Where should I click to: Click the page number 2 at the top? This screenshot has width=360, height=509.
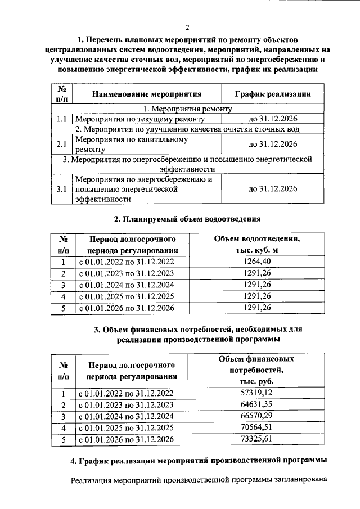coord(188,27)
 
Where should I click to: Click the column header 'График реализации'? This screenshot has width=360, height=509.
coord(272,94)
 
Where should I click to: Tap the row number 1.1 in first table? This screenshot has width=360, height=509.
coord(62,119)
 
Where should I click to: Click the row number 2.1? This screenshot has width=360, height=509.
coord(62,145)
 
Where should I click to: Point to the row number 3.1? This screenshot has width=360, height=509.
coord(62,190)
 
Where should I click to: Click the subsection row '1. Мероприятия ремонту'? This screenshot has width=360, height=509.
coord(188,109)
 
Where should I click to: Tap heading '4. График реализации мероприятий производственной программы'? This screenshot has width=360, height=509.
coord(199,461)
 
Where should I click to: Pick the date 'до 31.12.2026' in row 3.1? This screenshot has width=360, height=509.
coord(272,189)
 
